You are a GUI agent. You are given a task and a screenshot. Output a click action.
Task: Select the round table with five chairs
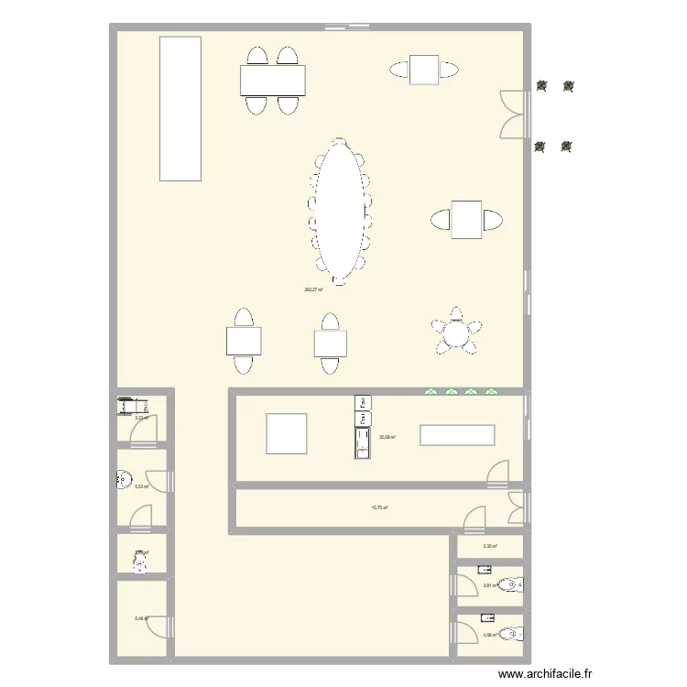click(455, 333)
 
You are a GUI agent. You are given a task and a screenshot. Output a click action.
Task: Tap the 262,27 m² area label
click(313, 289)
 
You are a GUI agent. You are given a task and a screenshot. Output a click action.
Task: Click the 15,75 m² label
click(378, 507)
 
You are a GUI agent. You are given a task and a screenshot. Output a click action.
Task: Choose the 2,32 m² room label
click(490, 546)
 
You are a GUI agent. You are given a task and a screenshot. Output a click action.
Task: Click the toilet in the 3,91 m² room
click(515, 584)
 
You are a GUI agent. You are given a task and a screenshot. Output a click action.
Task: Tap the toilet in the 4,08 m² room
click(515, 632)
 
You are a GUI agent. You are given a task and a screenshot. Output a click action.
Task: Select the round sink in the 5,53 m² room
click(123, 478)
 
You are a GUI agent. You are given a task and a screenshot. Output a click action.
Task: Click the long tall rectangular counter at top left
click(180, 108)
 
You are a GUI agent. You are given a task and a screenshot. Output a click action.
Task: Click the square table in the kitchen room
click(287, 433)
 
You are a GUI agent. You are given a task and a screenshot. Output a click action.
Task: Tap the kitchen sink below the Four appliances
click(363, 442)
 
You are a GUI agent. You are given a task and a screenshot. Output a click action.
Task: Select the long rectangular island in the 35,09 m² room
click(457, 435)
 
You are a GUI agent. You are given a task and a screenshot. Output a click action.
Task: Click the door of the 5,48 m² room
click(157, 627)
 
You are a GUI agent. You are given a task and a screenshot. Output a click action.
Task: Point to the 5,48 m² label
click(140, 618)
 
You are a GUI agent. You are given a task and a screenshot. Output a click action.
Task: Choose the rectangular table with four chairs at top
click(273, 81)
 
